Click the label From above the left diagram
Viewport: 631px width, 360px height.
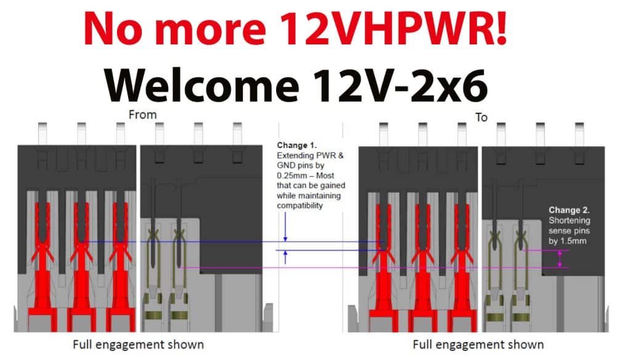pyautogui.click(x=142, y=115)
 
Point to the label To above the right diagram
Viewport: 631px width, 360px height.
pyautogui.click(x=481, y=117)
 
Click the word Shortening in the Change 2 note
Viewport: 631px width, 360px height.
pyautogui.click(x=569, y=220)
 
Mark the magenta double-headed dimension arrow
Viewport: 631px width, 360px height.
pyautogui.click(x=560, y=258)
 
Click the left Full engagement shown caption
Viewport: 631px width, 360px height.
pyautogui.click(x=139, y=344)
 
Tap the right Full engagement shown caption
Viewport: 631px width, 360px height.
pyautogui.click(x=478, y=344)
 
